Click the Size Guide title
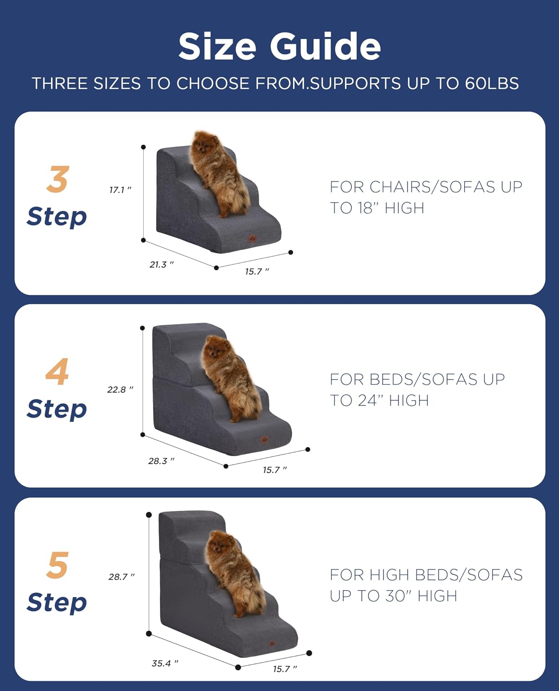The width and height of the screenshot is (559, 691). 279,47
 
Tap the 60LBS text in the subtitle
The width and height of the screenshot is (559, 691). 491,83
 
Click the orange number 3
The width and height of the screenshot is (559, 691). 58,180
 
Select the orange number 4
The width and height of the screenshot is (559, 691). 57,372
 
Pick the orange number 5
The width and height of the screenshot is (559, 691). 58,565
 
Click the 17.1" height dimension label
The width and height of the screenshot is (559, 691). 120,190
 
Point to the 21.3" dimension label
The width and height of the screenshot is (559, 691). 161,264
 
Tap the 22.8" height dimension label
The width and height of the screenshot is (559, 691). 120,390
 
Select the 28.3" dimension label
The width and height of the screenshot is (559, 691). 161,461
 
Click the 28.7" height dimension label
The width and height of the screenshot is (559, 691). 122,577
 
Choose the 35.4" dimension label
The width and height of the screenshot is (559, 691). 164,663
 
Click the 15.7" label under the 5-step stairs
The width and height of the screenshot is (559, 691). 285,669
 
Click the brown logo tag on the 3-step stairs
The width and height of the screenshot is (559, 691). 252,238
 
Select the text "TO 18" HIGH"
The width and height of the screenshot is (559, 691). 377,208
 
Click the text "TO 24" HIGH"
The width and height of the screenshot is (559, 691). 379,401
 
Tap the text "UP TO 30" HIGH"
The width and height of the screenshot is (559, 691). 393,596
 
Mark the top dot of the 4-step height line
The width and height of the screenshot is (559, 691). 143,328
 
